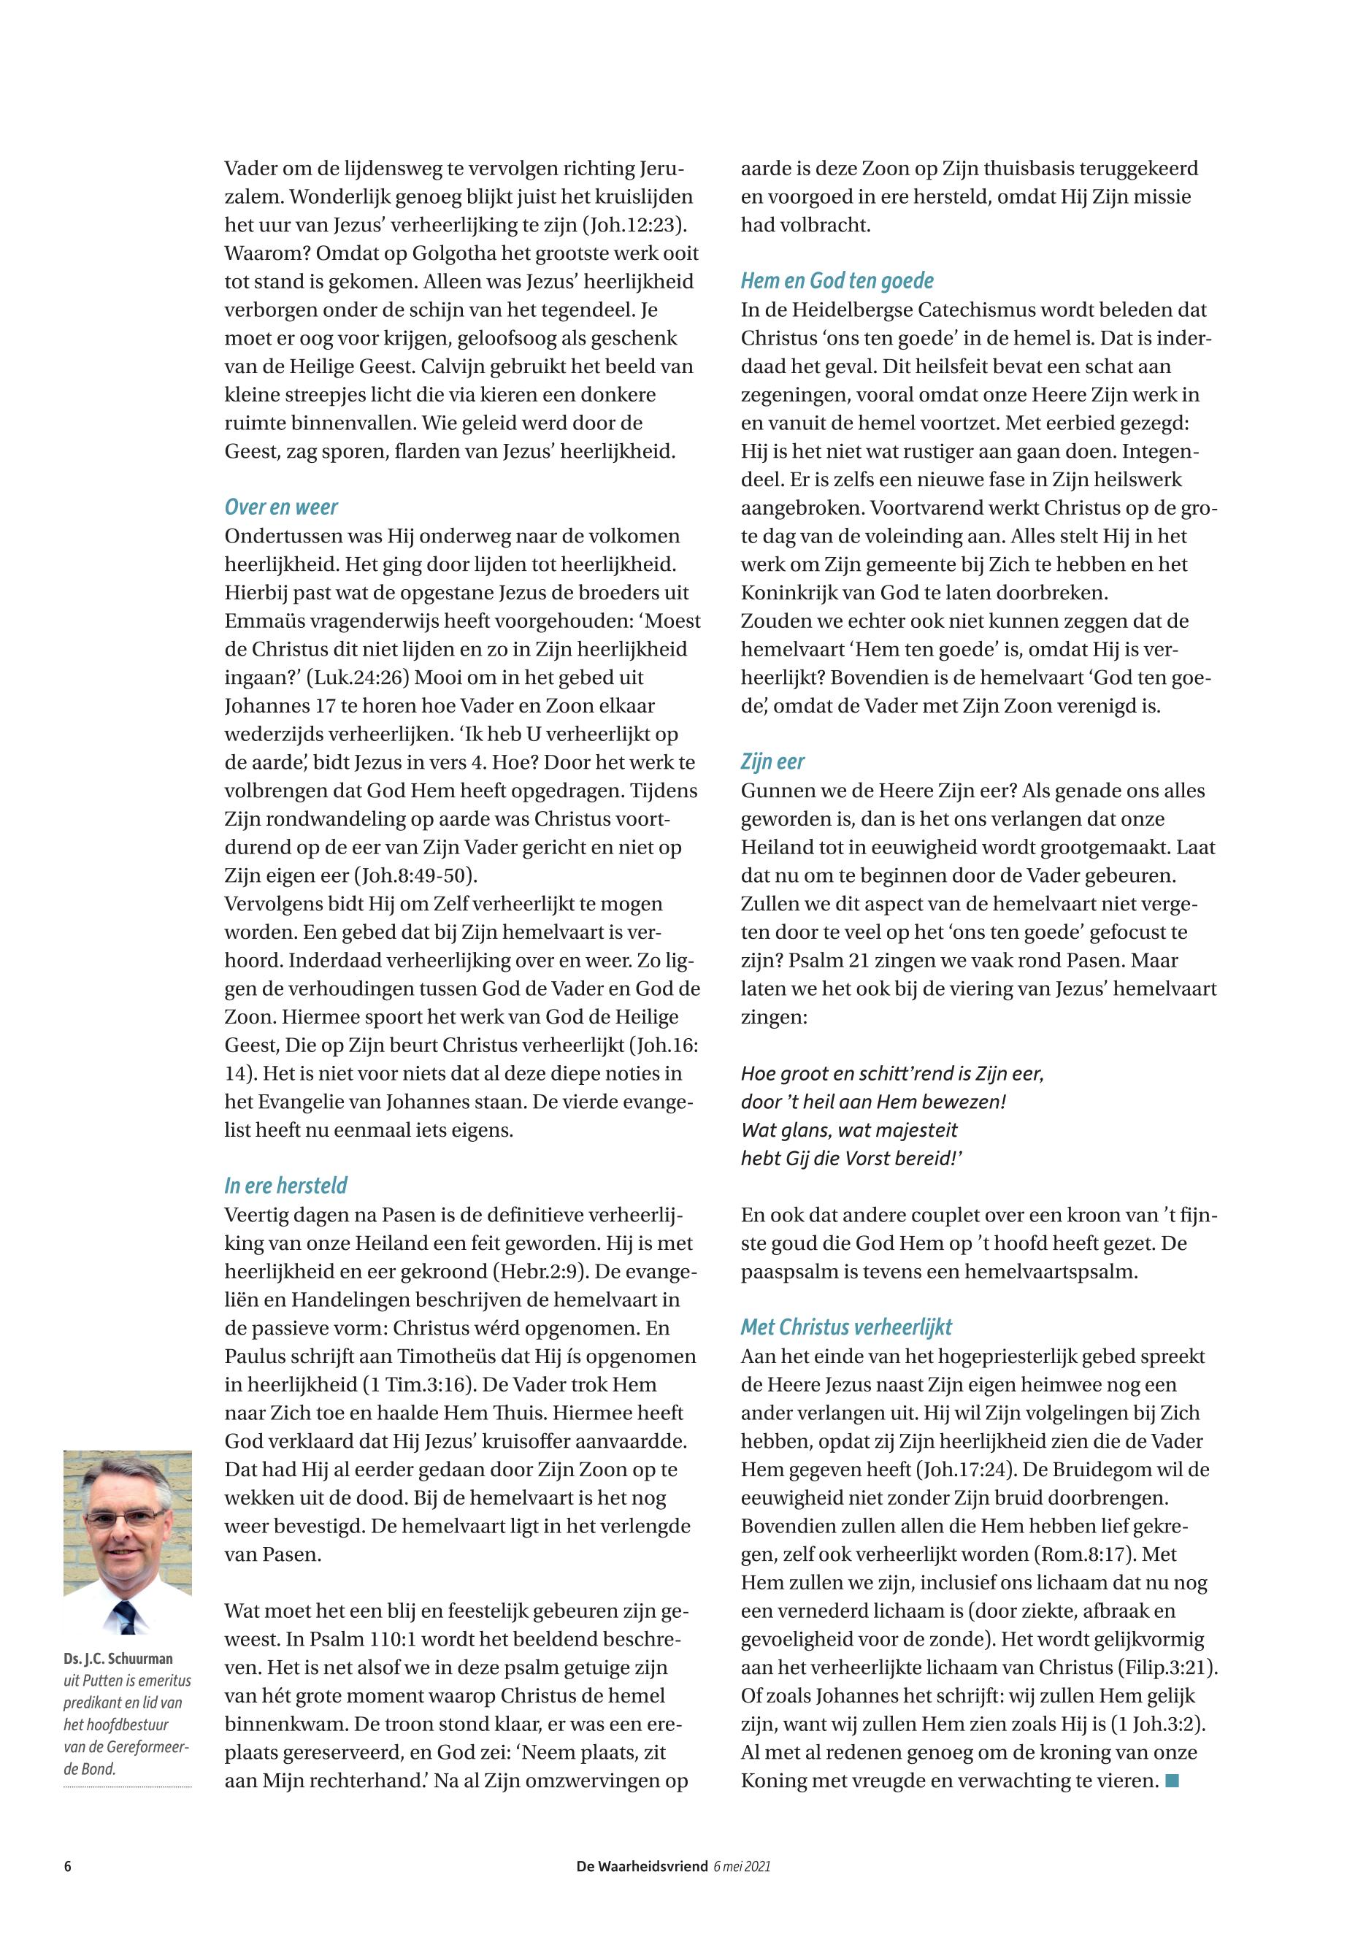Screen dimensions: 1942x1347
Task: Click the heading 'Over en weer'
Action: tap(281, 507)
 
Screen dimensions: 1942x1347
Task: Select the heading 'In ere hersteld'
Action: tap(285, 1186)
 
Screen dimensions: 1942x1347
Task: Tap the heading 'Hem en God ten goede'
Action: tap(837, 280)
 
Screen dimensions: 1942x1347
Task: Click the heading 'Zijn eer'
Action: tap(772, 762)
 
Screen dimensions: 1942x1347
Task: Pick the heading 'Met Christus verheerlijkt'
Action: tap(845, 1327)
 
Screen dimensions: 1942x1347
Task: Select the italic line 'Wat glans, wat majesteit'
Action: tap(849, 1129)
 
